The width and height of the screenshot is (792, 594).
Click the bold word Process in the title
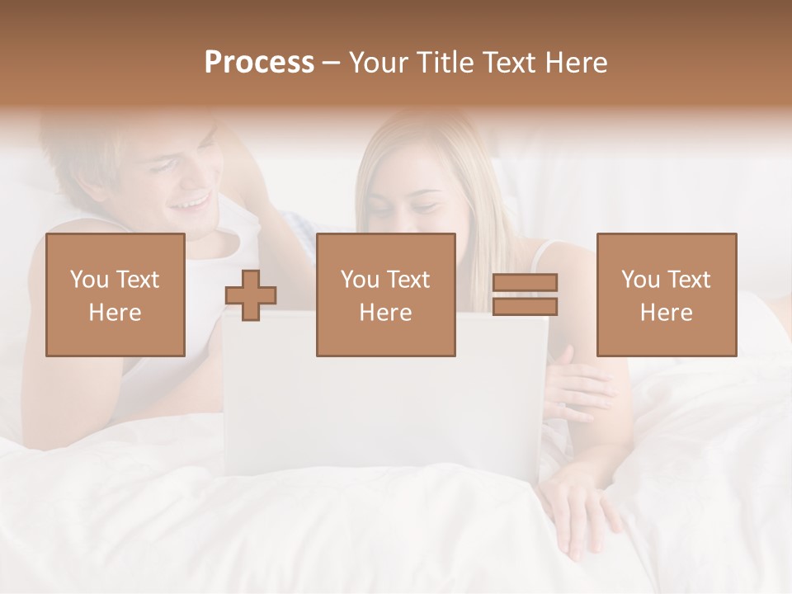[259, 63]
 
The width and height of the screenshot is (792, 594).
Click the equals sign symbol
[525, 295]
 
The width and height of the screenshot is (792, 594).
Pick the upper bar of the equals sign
[525, 283]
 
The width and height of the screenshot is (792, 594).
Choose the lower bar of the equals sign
[525, 307]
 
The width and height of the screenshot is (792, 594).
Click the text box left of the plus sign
[115, 295]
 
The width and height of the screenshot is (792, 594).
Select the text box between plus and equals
[385, 295]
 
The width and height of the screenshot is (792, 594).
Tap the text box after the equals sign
[667, 295]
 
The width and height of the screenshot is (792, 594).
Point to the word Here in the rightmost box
[667, 313]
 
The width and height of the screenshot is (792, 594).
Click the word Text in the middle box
[408, 280]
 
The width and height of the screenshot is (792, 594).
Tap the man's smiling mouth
[193, 202]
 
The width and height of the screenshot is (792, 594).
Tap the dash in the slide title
[332, 63]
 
